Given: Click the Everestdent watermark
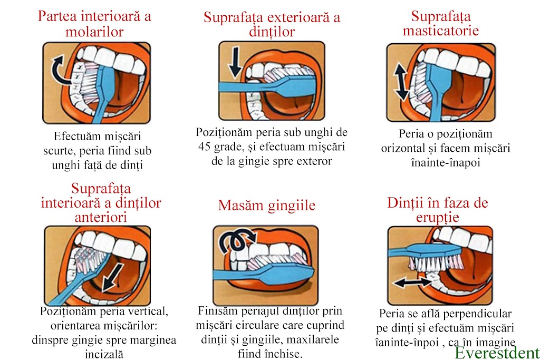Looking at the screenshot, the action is coord(497,353).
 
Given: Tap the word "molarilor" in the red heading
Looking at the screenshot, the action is coord(94,32).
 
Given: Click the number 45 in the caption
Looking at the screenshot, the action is coord(204,147).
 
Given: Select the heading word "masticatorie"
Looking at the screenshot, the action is coord(441,31).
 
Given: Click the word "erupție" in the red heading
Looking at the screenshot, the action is coord(437,218).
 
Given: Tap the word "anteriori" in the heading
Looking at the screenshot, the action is coord(101,217).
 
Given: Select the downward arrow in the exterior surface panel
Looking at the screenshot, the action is coord(236,62).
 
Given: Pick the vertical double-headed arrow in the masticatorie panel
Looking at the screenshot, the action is coord(401,82).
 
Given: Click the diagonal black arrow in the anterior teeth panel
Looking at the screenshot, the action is coord(113,278).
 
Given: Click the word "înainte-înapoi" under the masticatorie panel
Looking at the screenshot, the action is coord(445,162).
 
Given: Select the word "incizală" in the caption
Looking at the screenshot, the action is coord(104,354).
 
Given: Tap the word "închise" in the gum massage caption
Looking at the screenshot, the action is coord(283,354).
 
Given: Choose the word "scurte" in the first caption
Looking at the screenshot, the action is coord(59,151).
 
